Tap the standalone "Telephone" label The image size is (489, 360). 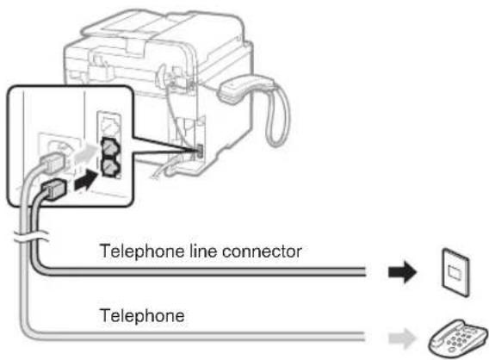click(x=144, y=315)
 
